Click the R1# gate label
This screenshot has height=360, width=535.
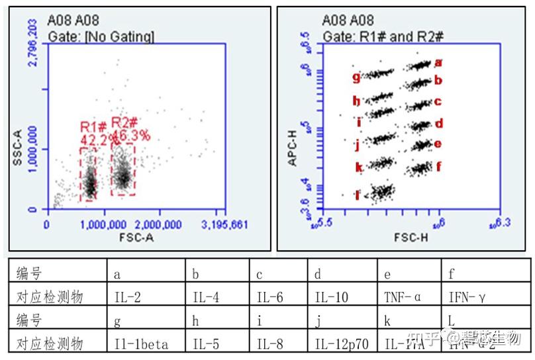point(93,127)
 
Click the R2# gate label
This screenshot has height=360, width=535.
point(124,122)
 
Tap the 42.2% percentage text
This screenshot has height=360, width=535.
point(94,140)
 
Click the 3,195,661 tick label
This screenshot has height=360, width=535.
point(226,225)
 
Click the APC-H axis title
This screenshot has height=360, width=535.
point(291,148)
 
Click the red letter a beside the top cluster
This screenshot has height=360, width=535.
point(438,64)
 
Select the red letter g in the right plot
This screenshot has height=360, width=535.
point(356,77)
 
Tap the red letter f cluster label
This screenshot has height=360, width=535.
point(438,167)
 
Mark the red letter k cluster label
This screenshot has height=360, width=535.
point(359,167)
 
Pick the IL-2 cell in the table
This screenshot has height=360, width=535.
point(128,298)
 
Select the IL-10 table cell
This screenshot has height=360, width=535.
point(331,298)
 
